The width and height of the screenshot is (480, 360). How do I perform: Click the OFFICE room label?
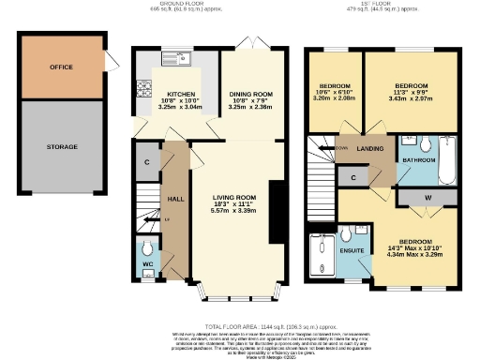coord(62,67)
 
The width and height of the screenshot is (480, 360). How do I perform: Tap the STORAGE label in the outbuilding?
coord(62,147)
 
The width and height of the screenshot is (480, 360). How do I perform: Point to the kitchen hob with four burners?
coord(144,90)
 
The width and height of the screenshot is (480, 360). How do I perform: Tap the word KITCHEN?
coord(180,95)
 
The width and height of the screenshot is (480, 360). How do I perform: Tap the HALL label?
coord(174,198)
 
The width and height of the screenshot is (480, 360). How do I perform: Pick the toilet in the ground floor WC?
coord(145,252)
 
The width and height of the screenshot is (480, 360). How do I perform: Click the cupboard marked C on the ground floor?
coord(147,161)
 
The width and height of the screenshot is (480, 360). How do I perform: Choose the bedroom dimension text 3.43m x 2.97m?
coord(413,98)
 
